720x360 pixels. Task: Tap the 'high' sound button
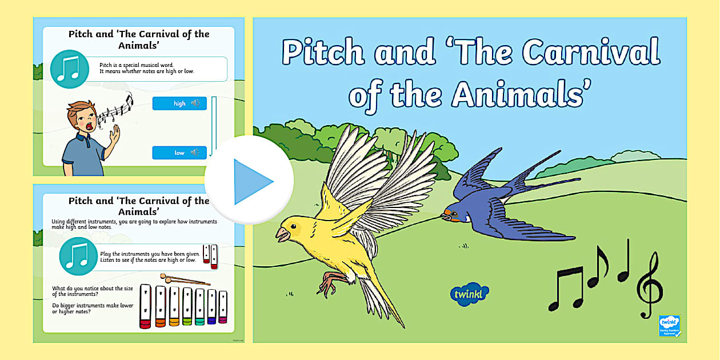pos(179,103)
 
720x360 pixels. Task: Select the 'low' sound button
pos(179,153)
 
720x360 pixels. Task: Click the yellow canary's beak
pos(282,233)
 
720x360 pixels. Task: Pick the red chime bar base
pos(145,324)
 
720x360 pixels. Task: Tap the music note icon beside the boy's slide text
pos(70,69)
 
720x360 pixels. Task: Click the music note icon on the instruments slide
pos(78,257)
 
